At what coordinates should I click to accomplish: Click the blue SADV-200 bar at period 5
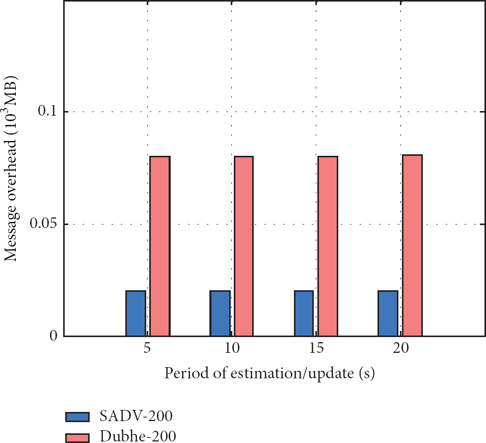136,313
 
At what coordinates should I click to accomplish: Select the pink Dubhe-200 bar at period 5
159,246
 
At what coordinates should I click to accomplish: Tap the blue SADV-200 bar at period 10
220,313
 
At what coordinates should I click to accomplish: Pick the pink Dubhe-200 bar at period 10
244,246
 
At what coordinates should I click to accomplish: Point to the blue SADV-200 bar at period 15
304,313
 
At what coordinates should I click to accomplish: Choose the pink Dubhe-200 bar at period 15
328,246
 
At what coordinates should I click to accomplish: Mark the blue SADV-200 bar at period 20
388,313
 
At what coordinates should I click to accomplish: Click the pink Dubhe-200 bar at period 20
412,245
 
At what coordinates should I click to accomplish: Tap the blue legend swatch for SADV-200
77,417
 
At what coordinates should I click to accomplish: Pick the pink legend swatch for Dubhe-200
77,437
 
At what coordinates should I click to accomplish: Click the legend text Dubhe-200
134,436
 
